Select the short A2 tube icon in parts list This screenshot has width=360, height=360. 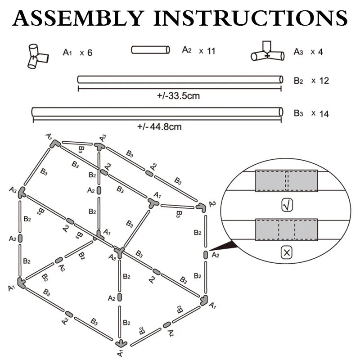coord(150,49)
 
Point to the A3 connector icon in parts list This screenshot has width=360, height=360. coord(268,53)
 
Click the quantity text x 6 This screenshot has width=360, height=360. coord(86,53)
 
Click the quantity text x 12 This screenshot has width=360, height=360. coord(320,81)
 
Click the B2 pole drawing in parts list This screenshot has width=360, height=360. coord(180,80)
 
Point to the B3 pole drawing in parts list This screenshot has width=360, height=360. coord(157,112)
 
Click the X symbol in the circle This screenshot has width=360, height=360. coord(286,253)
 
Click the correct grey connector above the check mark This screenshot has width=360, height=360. coord(286,181)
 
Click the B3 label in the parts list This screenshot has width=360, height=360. coord(298,113)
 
